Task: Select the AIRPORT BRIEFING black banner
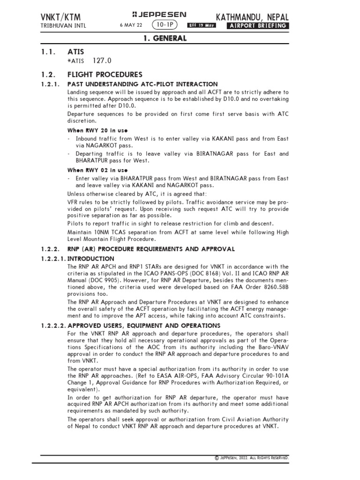coord(257,26)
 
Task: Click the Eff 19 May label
coord(202,26)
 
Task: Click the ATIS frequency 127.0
coord(103,60)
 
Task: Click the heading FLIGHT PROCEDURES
coord(105,75)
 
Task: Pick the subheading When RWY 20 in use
coord(98,129)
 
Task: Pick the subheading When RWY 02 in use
coord(98,169)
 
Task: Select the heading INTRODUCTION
coord(91,258)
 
